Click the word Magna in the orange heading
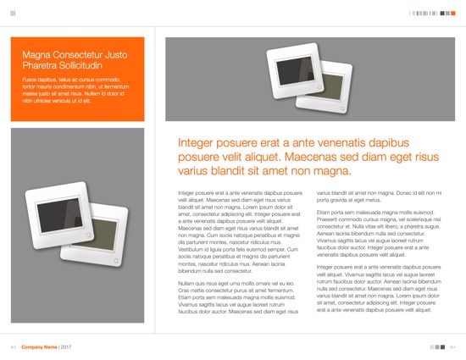37,53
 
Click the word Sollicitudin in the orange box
80,65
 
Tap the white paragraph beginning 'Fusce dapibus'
75,89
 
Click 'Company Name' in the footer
39,347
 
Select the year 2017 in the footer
66,347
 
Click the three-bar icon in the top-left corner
13,13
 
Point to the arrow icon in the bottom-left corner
13,347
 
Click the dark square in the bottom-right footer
441,347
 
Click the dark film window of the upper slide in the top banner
293,69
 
